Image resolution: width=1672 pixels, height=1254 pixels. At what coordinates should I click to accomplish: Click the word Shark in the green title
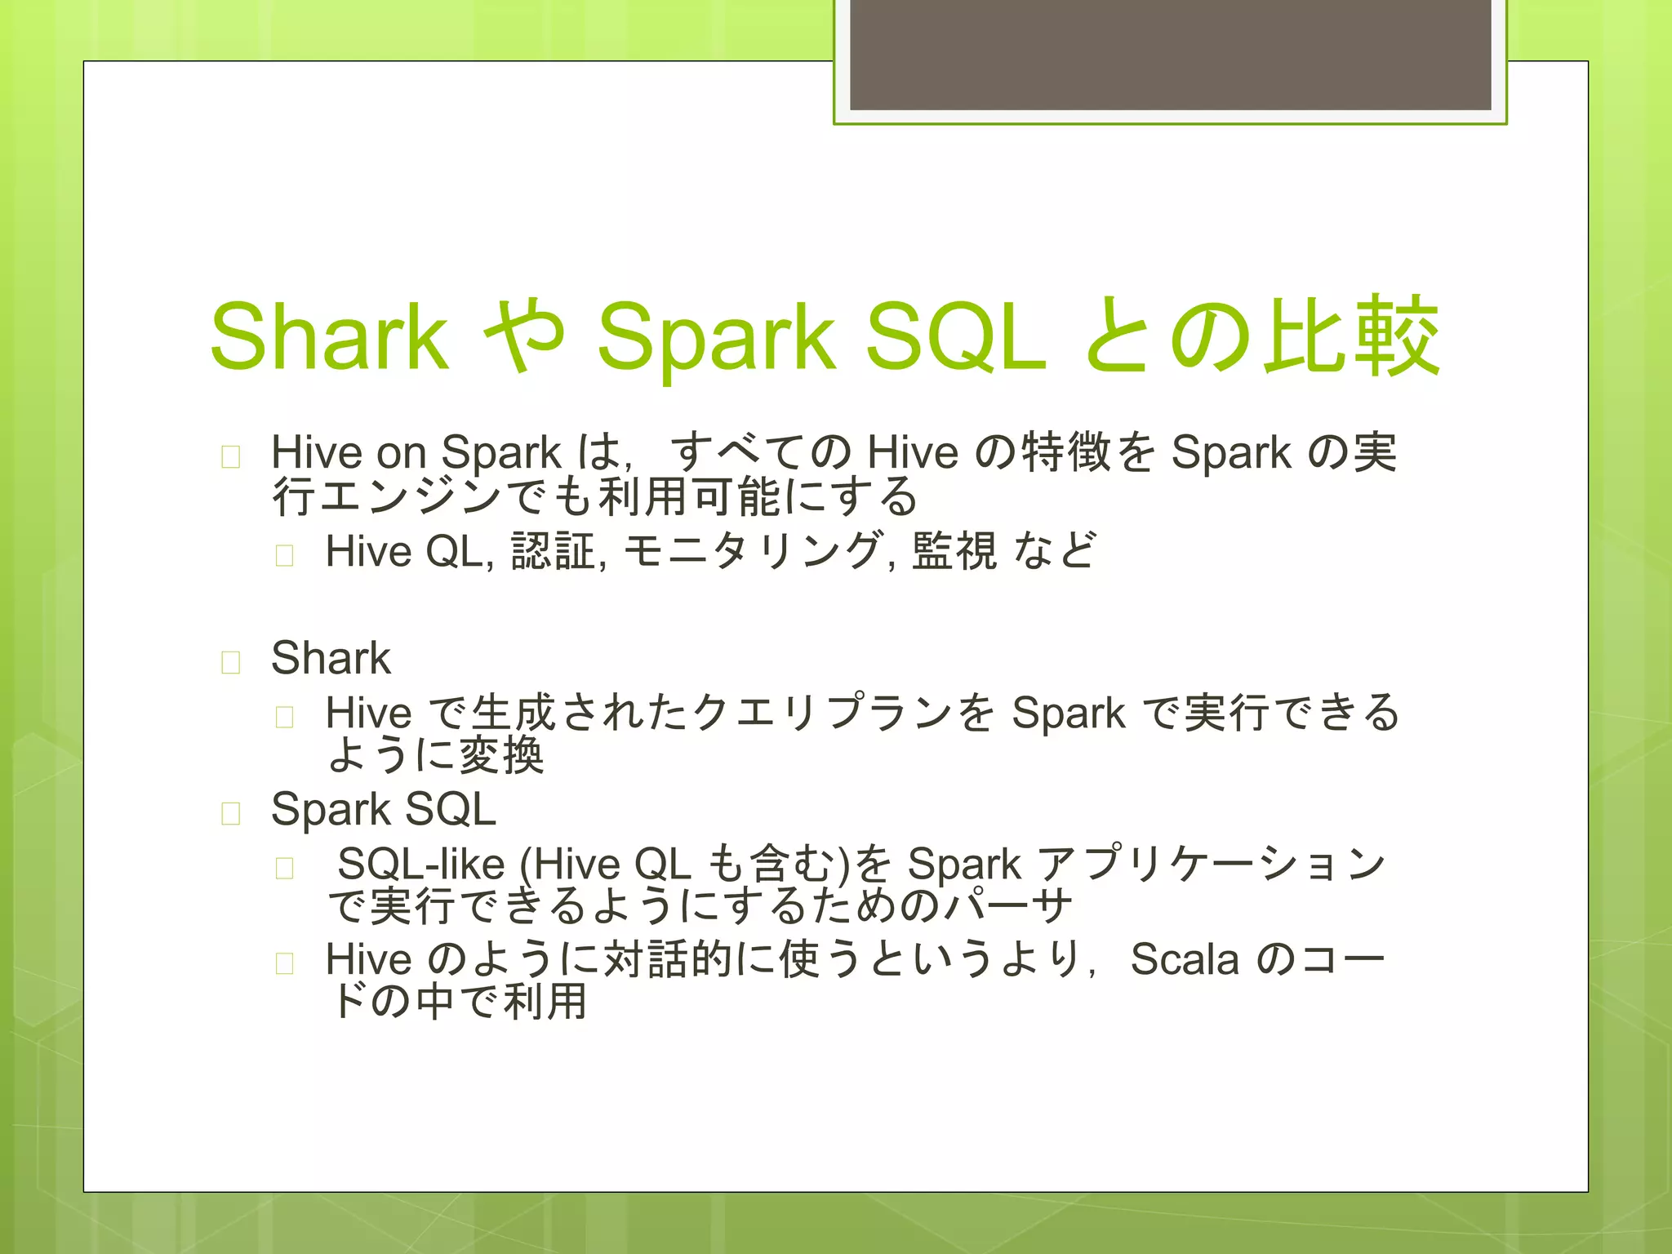tap(328, 336)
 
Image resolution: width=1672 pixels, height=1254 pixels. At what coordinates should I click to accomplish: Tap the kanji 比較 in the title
tap(1351, 336)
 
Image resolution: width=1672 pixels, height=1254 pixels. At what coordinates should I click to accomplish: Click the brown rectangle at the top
tap(1170, 54)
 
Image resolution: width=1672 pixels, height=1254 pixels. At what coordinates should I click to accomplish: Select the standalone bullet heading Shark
tap(331, 658)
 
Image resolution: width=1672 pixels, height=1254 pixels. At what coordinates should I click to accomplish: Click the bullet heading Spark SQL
tap(383, 809)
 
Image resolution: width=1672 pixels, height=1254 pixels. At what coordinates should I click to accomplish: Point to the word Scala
tap(1184, 958)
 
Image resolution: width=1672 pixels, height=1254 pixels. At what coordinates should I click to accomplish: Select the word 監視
tap(954, 551)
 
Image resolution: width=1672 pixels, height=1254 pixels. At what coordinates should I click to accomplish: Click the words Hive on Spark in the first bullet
tap(416, 451)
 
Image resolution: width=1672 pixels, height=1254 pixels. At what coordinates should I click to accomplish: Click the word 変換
tap(500, 755)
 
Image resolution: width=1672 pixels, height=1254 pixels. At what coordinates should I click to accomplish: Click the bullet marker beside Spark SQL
tap(231, 813)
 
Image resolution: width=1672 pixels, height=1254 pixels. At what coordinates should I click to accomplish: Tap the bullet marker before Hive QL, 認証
tap(284, 556)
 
